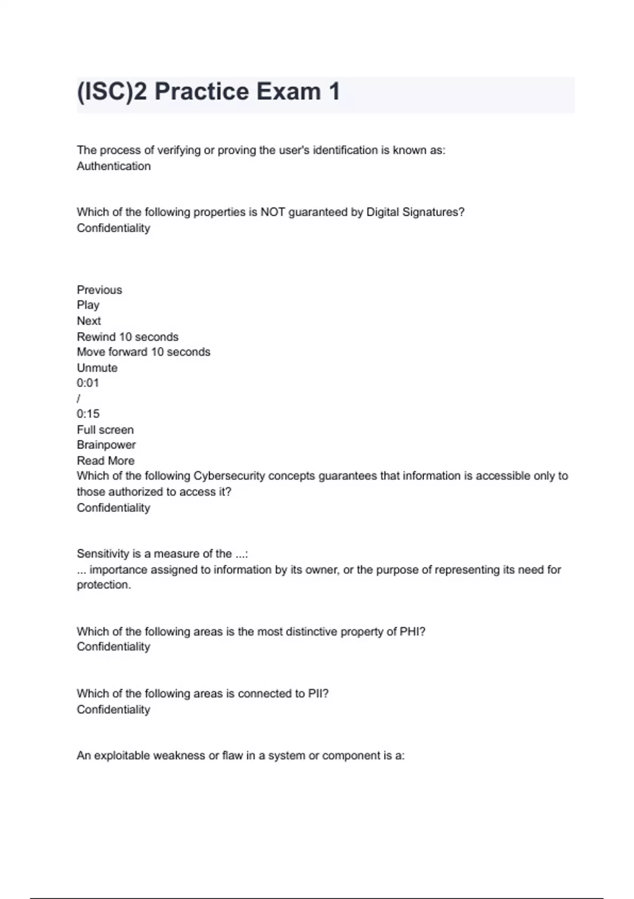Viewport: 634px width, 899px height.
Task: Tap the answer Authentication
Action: pyautogui.click(x=114, y=166)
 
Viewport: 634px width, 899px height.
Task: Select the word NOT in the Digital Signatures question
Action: pyautogui.click(x=273, y=212)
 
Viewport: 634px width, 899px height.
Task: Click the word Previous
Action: pyautogui.click(x=99, y=290)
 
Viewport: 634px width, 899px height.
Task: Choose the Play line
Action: pyautogui.click(x=88, y=305)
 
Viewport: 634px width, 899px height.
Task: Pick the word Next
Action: pyautogui.click(x=89, y=321)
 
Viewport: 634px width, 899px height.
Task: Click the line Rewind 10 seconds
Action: pyautogui.click(x=127, y=337)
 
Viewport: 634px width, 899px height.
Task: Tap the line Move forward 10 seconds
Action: pyautogui.click(x=143, y=352)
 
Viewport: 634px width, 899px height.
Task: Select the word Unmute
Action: pyautogui.click(x=97, y=368)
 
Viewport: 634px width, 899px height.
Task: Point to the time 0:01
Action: pyautogui.click(x=88, y=383)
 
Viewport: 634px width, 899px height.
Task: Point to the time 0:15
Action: pyautogui.click(x=88, y=414)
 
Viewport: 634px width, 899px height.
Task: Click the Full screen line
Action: pyautogui.click(x=105, y=430)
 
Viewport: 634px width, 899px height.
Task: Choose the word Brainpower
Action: pyautogui.click(x=106, y=445)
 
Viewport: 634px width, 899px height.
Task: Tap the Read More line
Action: pyautogui.click(x=106, y=461)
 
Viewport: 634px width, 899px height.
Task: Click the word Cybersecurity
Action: pyautogui.click(x=229, y=476)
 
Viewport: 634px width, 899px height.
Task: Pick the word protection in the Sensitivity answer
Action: pyautogui.click(x=103, y=585)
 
